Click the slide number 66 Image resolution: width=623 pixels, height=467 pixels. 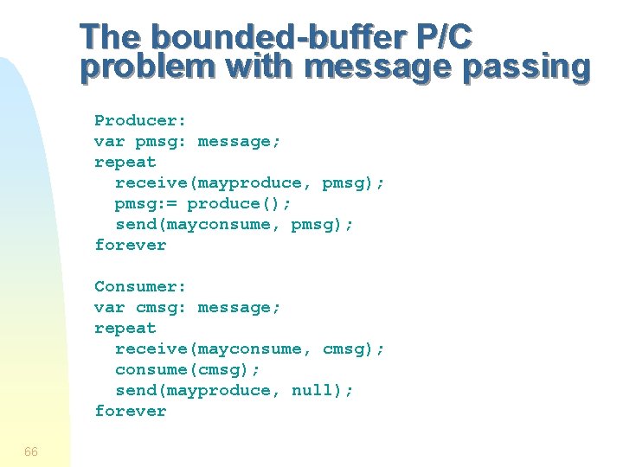pyautogui.click(x=31, y=451)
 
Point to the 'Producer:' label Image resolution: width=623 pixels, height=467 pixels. pyautogui.click(x=140, y=120)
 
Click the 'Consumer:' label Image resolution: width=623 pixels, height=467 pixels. pyautogui.click(x=140, y=286)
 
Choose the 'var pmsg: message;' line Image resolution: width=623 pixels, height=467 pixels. pyautogui.click(x=188, y=141)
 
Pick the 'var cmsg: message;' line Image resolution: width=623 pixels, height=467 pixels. pyautogui.click(x=188, y=307)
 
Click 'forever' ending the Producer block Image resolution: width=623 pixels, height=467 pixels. pyautogui.click(x=130, y=245)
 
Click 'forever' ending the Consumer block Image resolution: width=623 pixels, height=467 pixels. pyautogui.click(x=130, y=411)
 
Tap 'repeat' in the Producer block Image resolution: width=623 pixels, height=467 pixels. pyautogui.click(x=125, y=162)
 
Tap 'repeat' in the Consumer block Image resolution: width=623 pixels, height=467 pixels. pyautogui.click(x=125, y=328)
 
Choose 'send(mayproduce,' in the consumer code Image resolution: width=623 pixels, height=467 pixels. pyautogui.click(x=198, y=390)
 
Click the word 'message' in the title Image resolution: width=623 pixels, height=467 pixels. pyautogui.click(x=378, y=67)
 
